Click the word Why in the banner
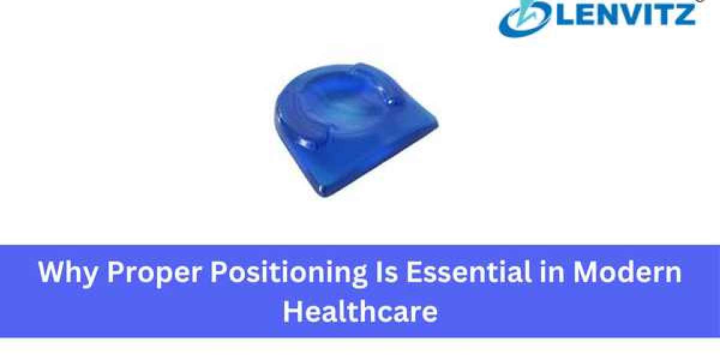[x=67, y=273]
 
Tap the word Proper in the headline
[x=154, y=273]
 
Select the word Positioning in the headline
[x=289, y=273]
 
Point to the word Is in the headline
[x=385, y=272]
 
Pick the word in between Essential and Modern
[x=552, y=272]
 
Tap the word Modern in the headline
[x=628, y=272]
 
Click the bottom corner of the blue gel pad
[x=325, y=196]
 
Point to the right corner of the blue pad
[x=437, y=124]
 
